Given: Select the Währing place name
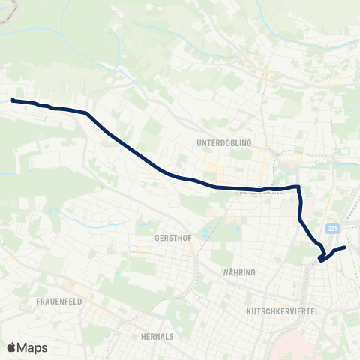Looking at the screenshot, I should tap(240, 271).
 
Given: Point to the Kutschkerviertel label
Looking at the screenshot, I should tap(283, 310).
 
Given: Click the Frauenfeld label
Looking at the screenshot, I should tap(58, 301).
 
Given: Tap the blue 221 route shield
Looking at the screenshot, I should tap(334, 228).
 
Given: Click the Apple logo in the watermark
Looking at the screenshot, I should tap(12, 347).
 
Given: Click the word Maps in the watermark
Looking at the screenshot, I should tap(32, 347).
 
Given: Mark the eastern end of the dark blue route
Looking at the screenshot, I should tap(345, 247).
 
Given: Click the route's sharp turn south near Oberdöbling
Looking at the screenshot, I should tap(299, 187).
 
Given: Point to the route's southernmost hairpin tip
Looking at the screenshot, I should tap(320, 260).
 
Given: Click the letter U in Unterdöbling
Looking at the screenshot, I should tap(198, 142).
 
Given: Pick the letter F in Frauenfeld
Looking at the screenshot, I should tap(38, 301).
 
